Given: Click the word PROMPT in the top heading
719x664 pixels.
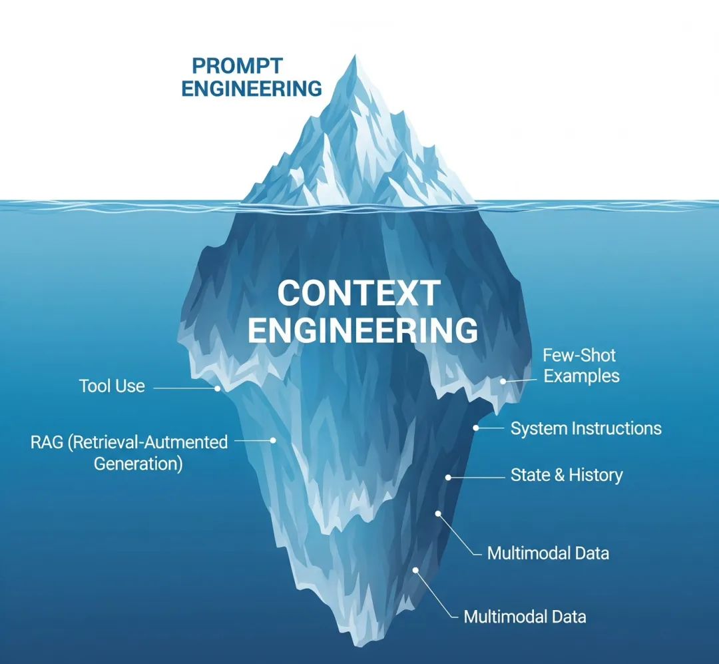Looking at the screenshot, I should pyautogui.click(x=238, y=66).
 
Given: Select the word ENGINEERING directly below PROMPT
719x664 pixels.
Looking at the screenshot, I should pyautogui.click(x=252, y=89).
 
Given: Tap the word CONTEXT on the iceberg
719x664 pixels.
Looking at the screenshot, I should pyautogui.click(x=358, y=293).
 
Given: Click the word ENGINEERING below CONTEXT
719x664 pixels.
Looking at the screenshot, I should pyautogui.click(x=363, y=330).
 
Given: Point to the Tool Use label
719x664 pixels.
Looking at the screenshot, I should pyautogui.click(x=111, y=386).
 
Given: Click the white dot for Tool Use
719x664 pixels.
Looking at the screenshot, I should pyautogui.click(x=218, y=387).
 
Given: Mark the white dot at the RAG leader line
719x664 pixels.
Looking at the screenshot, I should pyautogui.click(x=273, y=440).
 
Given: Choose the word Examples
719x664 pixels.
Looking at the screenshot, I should pyautogui.click(x=581, y=376).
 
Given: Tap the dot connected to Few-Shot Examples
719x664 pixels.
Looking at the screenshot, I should pyautogui.click(x=503, y=381).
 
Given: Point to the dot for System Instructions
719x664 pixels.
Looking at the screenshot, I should pyautogui.click(x=476, y=428).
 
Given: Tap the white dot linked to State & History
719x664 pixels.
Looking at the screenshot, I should pyautogui.click(x=448, y=477).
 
